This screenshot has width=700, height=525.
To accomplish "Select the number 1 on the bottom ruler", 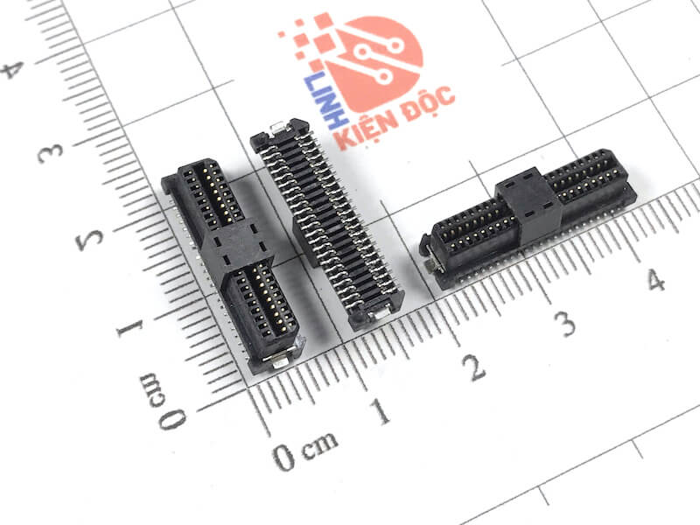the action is (x=380, y=411).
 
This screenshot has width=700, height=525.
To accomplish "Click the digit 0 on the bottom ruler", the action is (x=283, y=458).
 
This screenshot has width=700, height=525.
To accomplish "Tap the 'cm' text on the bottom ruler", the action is (x=319, y=444).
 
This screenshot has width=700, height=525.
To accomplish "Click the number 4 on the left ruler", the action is (x=12, y=70).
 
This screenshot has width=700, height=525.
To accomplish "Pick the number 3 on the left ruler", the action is (x=50, y=153).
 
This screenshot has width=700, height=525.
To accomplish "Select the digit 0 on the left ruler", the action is (x=172, y=420).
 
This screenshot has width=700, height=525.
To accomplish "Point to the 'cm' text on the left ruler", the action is (x=152, y=390).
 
